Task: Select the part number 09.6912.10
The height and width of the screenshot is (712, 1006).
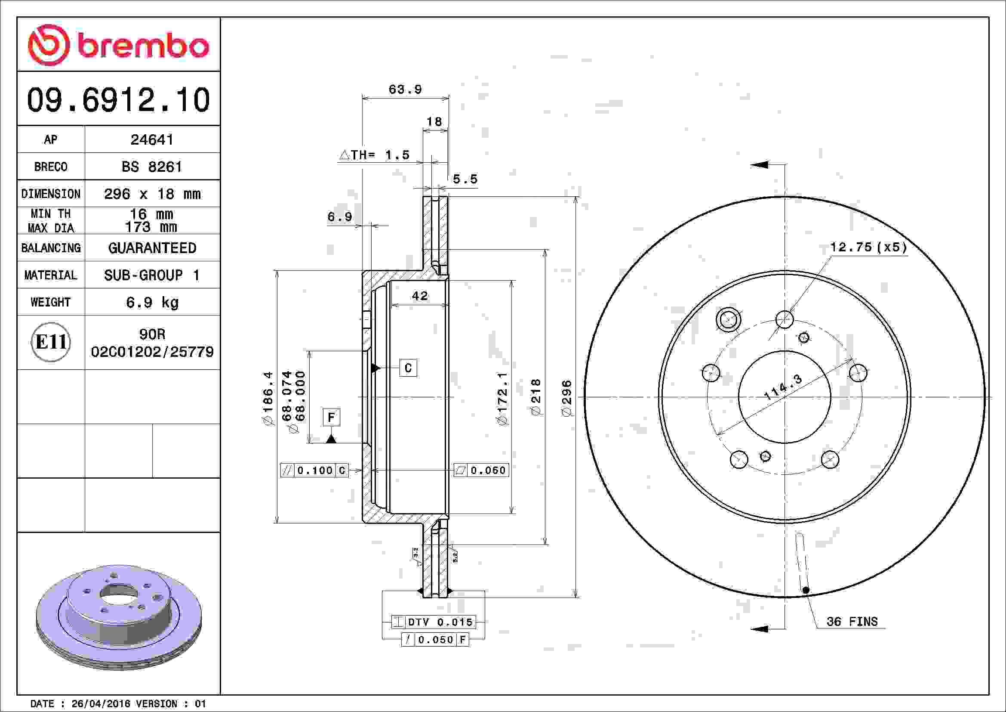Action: (118, 100)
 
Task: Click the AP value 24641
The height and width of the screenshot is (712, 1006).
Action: (152, 140)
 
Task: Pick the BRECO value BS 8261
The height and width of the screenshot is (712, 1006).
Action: (151, 167)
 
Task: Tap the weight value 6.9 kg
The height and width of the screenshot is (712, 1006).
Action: (152, 303)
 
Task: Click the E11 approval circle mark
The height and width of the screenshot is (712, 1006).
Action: (51, 342)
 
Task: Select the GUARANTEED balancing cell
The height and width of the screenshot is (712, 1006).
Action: (152, 248)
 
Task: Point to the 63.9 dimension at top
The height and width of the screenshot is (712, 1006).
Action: (405, 90)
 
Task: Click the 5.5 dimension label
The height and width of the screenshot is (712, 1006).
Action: (465, 179)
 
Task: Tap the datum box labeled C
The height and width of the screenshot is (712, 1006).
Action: (408, 368)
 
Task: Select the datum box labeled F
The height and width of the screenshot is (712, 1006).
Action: (331, 417)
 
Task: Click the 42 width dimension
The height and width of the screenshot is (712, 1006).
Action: (419, 296)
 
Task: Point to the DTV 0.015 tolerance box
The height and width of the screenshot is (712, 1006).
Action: (434, 622)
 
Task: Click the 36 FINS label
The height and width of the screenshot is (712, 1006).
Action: (852, 622)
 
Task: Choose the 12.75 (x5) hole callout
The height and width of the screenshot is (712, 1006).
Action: (868, 247)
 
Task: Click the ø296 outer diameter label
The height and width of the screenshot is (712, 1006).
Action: (566, 398)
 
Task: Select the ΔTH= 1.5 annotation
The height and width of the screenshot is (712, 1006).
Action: (375, 155)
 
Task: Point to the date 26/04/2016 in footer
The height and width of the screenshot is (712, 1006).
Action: (101, 704)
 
